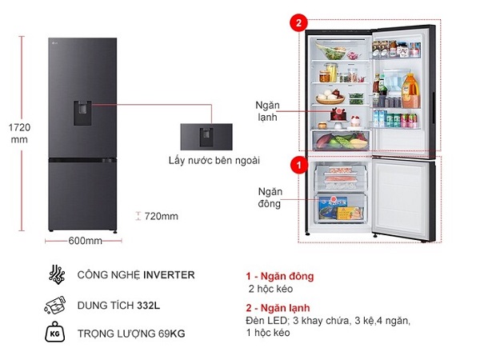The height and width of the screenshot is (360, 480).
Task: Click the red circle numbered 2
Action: coord(299,23)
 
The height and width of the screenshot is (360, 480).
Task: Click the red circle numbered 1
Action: coord(299,164)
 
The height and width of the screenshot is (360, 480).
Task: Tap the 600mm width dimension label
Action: coord(83,241)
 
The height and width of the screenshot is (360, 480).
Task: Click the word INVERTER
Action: coord(169,275)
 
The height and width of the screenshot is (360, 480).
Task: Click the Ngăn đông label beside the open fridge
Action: coord(269,198)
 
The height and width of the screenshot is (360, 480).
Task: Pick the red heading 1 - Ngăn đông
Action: coord(281,276)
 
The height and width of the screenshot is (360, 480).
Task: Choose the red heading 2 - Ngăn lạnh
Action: coord(280,308)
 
